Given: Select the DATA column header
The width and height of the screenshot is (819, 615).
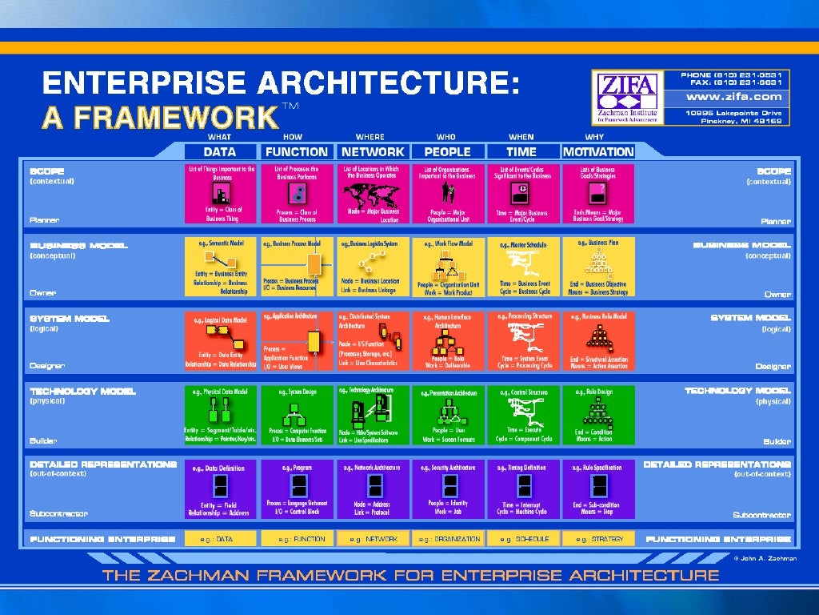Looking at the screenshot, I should pos(220,151).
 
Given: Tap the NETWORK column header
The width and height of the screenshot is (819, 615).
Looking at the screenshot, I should pos(373,151).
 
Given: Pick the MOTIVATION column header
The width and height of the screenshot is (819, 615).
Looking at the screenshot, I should pos(598,151).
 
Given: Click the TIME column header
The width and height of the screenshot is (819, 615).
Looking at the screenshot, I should pos(521,151).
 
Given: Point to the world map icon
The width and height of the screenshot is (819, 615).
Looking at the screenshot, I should pos(372,195).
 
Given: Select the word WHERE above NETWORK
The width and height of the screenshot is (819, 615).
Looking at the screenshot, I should pos(370,138).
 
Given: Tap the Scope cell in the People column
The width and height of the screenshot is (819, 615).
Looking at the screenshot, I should pos(447,193).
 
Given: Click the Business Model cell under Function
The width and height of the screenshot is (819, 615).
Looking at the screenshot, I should pos(297,266).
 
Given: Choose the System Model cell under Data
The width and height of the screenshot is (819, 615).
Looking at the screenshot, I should pos(221,340).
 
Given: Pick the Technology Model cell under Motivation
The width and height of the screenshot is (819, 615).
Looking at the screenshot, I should pos(598,414).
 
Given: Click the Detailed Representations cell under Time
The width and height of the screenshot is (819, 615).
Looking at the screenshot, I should pos(522,488).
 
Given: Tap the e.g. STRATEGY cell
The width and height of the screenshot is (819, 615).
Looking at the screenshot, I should pos(598,539).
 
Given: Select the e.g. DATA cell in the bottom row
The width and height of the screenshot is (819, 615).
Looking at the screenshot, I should pos(221,539).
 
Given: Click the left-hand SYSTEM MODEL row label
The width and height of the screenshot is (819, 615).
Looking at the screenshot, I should pos(70,319).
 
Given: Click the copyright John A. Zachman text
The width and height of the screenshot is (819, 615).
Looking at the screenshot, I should pos(761,557).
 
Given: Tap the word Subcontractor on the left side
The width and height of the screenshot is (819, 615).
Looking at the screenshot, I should pos(58,514).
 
